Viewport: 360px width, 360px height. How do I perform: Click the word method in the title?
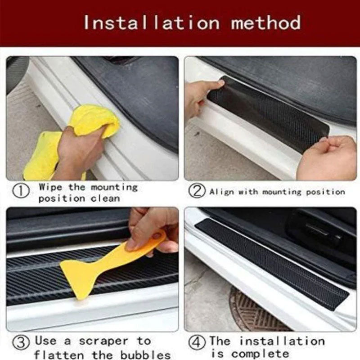(x=265, y=22)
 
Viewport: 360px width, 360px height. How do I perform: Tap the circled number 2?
(x=197, y=192)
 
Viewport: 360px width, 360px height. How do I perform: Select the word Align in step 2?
(x=222, y=192)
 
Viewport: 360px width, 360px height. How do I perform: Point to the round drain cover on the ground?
(x=252, y=310)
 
